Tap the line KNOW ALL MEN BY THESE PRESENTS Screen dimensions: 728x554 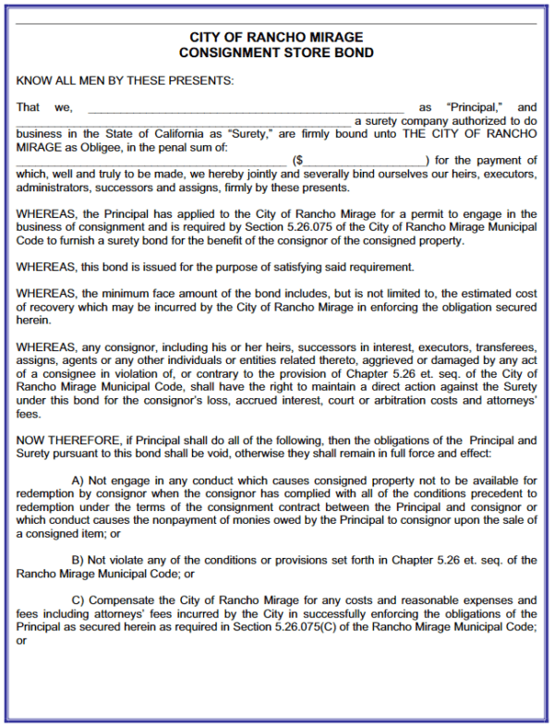point(126,80)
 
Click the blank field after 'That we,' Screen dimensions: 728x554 point(245,109)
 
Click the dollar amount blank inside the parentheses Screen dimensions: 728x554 point(366,162)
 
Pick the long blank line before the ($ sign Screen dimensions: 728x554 point(152,162)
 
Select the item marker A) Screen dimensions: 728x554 point(78,481)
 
